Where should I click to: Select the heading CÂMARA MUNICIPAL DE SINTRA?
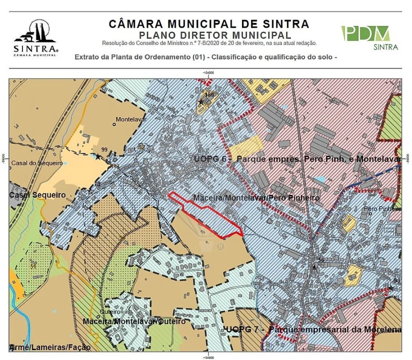click(208, 24)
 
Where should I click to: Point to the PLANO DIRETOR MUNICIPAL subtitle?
click(215, 35)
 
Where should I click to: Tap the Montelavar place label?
click(129, 120)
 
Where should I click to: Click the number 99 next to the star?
click(104, 149)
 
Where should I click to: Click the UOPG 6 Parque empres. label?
click(297, 158)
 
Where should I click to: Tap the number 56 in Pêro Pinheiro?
click(321, 260)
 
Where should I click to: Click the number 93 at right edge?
click(397, 281)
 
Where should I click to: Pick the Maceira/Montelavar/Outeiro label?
click(134, 321)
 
